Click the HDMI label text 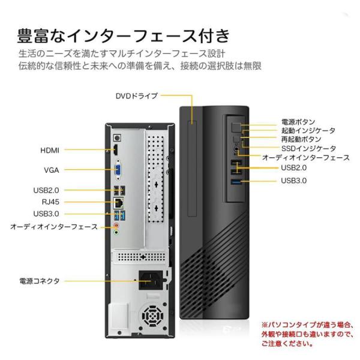(x=50, y=151)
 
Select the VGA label (x=52, y=170)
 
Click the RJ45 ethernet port (x=119, y=203)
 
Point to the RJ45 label (x=50, y=202)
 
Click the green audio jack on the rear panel (x=117, y=233)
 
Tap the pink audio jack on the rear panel (x=117, y=226)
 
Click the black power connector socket (x=151, y=280)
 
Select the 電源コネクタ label (x=40, y=281)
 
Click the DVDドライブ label (x=137, y=96)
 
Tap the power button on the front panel (x=236, y=128)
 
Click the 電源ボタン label (x=298, y=122)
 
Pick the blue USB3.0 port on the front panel (x=236, y=182)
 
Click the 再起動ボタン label (x=301, y=139)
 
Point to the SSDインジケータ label (x=308, y=149)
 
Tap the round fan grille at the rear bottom (x=152, y=316)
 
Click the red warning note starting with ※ (x=307, y=334)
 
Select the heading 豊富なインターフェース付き (x=124, y=36)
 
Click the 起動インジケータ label (x=308, y=131)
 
